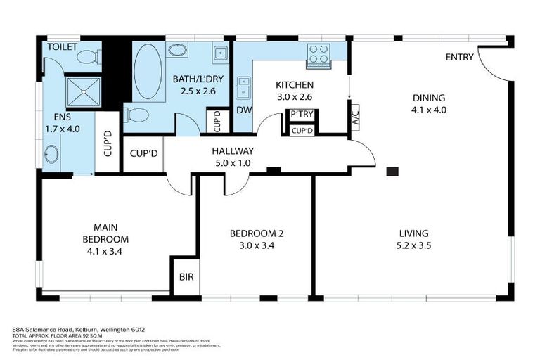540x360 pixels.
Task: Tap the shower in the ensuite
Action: pos(84,91)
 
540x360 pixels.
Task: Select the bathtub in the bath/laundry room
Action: pos(148,72)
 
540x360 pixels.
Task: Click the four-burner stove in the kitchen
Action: pos(319,54)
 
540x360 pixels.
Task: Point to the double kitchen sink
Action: pos(243,89)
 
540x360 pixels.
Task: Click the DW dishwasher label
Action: pos(243,110)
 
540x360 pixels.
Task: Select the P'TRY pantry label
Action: pos(302,115)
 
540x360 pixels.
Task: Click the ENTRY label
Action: pos(459,57)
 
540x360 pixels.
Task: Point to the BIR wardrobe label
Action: pos(186,277)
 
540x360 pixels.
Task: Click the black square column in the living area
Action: pos(392,171)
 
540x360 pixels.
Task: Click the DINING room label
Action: pos(428,98)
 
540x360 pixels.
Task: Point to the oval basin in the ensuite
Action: pos(51,154)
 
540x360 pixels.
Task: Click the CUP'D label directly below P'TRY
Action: pos(302,131)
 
